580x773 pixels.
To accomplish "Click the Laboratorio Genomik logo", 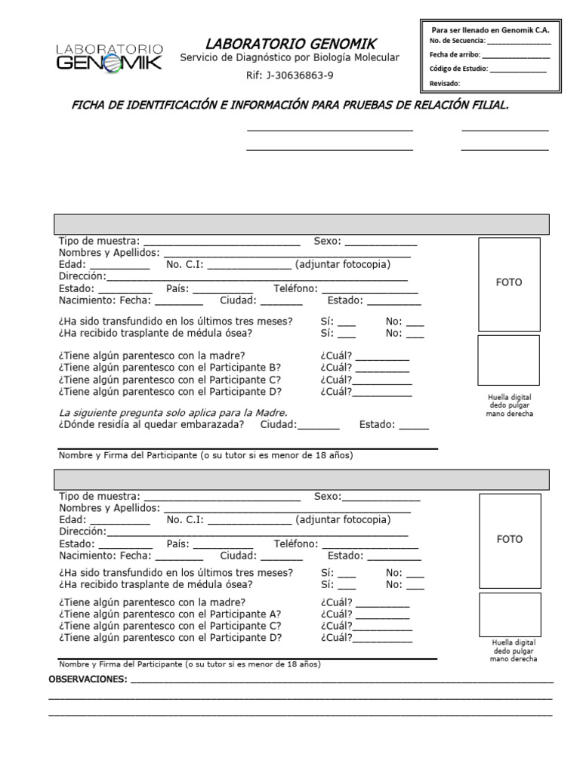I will point(109,57).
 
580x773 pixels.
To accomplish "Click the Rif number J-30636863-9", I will point(289,75).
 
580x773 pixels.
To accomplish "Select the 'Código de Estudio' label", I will point(458,69).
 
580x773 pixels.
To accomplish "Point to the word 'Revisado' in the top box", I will point(444,83).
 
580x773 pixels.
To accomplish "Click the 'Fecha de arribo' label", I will point(454,54).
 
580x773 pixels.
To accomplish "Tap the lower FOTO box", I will point(508,540).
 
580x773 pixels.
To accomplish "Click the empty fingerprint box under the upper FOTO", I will point(508,360).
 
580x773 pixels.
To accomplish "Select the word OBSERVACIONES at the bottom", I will point(88,680).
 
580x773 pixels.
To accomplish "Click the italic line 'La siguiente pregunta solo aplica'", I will point(173,413).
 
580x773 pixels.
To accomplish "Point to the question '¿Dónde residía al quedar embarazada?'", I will point(151,425).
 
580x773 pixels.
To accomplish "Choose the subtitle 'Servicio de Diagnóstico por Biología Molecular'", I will point(289,59).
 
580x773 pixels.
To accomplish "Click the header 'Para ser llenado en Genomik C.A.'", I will point(489,29).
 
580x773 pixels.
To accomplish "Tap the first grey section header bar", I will point(301,224).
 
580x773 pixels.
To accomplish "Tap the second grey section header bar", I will point(301,479).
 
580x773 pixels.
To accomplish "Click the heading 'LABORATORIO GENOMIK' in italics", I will point(290,43).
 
